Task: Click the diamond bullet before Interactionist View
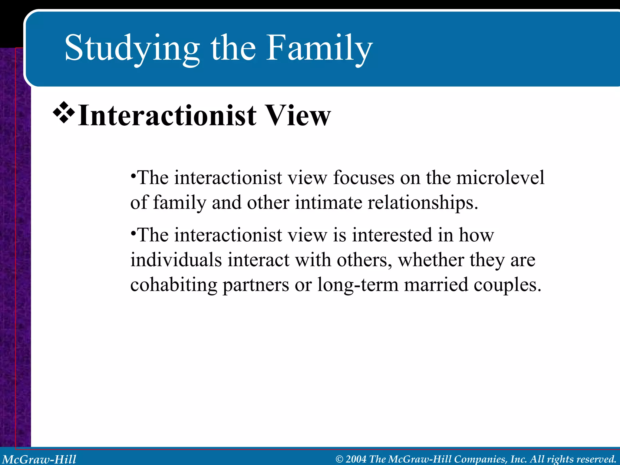[x=64, y=113]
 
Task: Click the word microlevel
[x=500, y=178]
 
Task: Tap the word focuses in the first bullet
[x=364, y=178]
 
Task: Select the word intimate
[x=328, y=203]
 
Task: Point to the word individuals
[x=176, y=260]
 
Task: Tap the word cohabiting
[x=173, y=285]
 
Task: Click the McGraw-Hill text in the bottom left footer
[x=39, y=459]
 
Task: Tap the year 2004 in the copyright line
[x=356, y=459]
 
